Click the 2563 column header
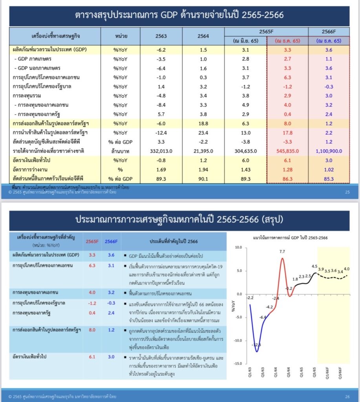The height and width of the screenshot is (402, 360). pos(161,36)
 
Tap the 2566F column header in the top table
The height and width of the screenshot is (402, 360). pos(329,31)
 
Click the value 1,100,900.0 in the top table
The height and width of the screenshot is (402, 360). pos(329,151)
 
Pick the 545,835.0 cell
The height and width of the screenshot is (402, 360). pos(287,151)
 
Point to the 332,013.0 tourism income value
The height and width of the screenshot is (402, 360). pos(161,151)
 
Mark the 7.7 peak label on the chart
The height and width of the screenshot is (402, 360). pos(282,252)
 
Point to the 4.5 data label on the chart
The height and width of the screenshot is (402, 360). pos(314,267)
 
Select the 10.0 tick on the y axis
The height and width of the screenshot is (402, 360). pos(238,248)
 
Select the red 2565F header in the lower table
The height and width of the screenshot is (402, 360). pos(93,241)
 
